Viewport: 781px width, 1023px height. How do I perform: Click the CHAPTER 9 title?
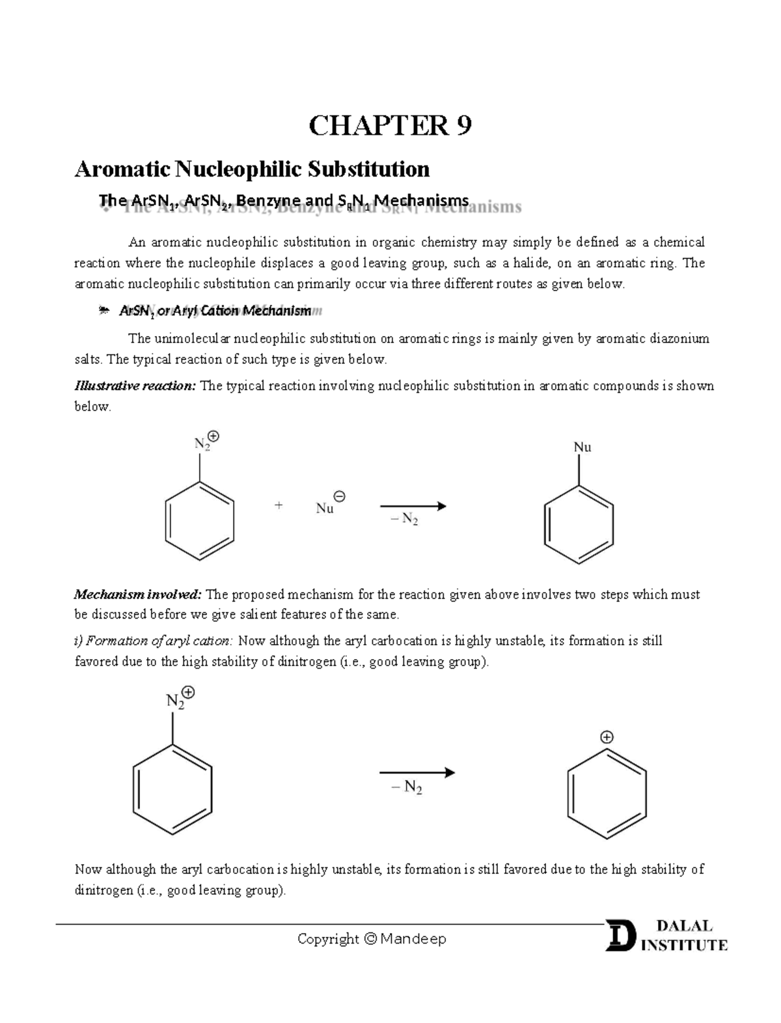390,126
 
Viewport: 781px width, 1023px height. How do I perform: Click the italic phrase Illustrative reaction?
135,386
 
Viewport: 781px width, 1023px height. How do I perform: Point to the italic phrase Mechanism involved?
138,595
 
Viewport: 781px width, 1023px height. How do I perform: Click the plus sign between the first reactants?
279,505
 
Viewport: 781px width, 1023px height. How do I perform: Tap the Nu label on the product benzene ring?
582,447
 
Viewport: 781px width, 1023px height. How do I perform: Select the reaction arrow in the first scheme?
413,506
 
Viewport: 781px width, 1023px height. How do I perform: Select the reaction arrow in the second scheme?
417,773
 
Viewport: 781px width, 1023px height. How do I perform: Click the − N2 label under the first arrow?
404,520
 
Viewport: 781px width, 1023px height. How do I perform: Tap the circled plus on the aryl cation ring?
607,737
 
